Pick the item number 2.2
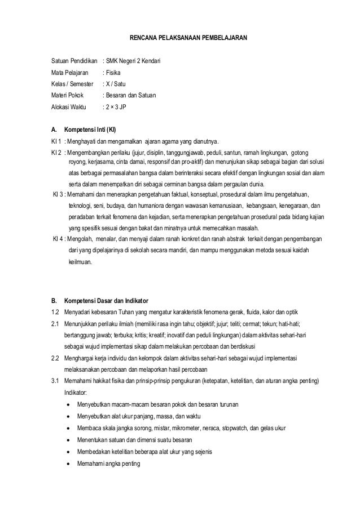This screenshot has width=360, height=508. click(55, 358)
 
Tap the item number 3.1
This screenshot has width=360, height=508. click(55, 382)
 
